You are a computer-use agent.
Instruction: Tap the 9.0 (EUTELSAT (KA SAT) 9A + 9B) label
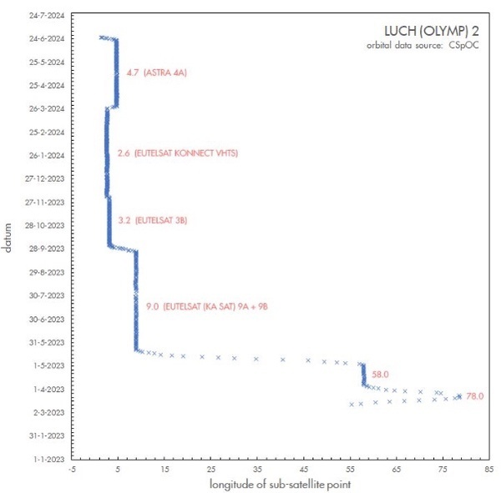206,307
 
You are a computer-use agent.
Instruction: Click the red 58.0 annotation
381,375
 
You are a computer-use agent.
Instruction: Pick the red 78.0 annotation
476,395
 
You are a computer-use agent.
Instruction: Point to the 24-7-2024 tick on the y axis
47,15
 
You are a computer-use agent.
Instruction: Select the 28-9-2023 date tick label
47,249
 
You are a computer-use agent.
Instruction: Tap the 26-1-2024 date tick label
47,155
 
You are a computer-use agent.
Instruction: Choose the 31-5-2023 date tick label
47,342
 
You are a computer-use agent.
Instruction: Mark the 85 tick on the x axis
488,469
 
